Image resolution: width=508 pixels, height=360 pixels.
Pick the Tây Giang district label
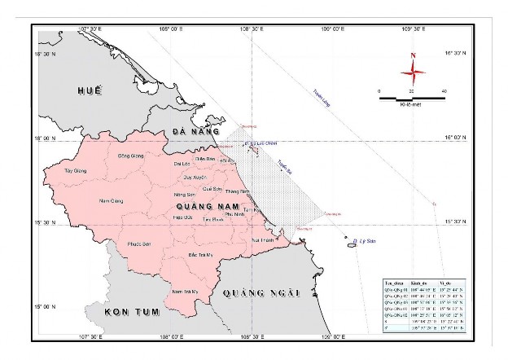pyautogui.click(x=74, y=172)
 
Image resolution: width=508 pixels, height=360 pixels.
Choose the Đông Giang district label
pyautogui.click(x=130, y=156)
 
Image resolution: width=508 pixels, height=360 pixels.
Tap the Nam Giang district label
pyautogui.click(x=110, y=200)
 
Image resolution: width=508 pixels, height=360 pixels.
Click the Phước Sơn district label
pyautogui.click(x=139, y=244)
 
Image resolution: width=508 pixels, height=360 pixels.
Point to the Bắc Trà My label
pyautogui.click(x=200, y=255)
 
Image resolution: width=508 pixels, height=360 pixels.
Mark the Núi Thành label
pyautogui.click(x=263, y=241)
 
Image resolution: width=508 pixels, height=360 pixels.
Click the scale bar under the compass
pyautogui.click(x=412, y=98)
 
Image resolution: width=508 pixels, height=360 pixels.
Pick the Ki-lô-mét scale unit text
pyautogui.click(x=411, y=105)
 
